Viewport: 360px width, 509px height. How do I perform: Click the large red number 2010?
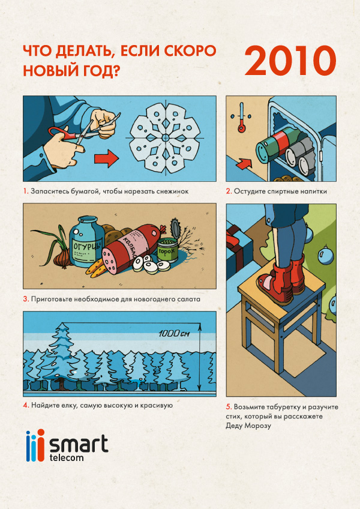click(290, 61)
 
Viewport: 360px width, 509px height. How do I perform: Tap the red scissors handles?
click(62, 134)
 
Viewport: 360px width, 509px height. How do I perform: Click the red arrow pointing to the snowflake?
click(106, 159)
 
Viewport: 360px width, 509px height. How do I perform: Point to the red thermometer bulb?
click(241, 128)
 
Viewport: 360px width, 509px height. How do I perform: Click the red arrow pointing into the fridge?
click(244, 163)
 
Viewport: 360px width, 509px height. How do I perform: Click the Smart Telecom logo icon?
click(35, 445)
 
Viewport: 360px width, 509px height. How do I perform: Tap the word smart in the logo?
click(79, 445)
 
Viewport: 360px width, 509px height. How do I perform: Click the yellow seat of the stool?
click(281, 288)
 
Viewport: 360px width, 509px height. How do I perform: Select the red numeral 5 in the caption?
click(229, 407)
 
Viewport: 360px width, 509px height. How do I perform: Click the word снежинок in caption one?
click(172, 191)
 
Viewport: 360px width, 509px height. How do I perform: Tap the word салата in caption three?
click(189, 299)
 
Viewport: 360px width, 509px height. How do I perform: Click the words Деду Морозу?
click(248, 426)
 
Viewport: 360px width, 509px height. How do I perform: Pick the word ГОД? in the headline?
click(101, 70)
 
